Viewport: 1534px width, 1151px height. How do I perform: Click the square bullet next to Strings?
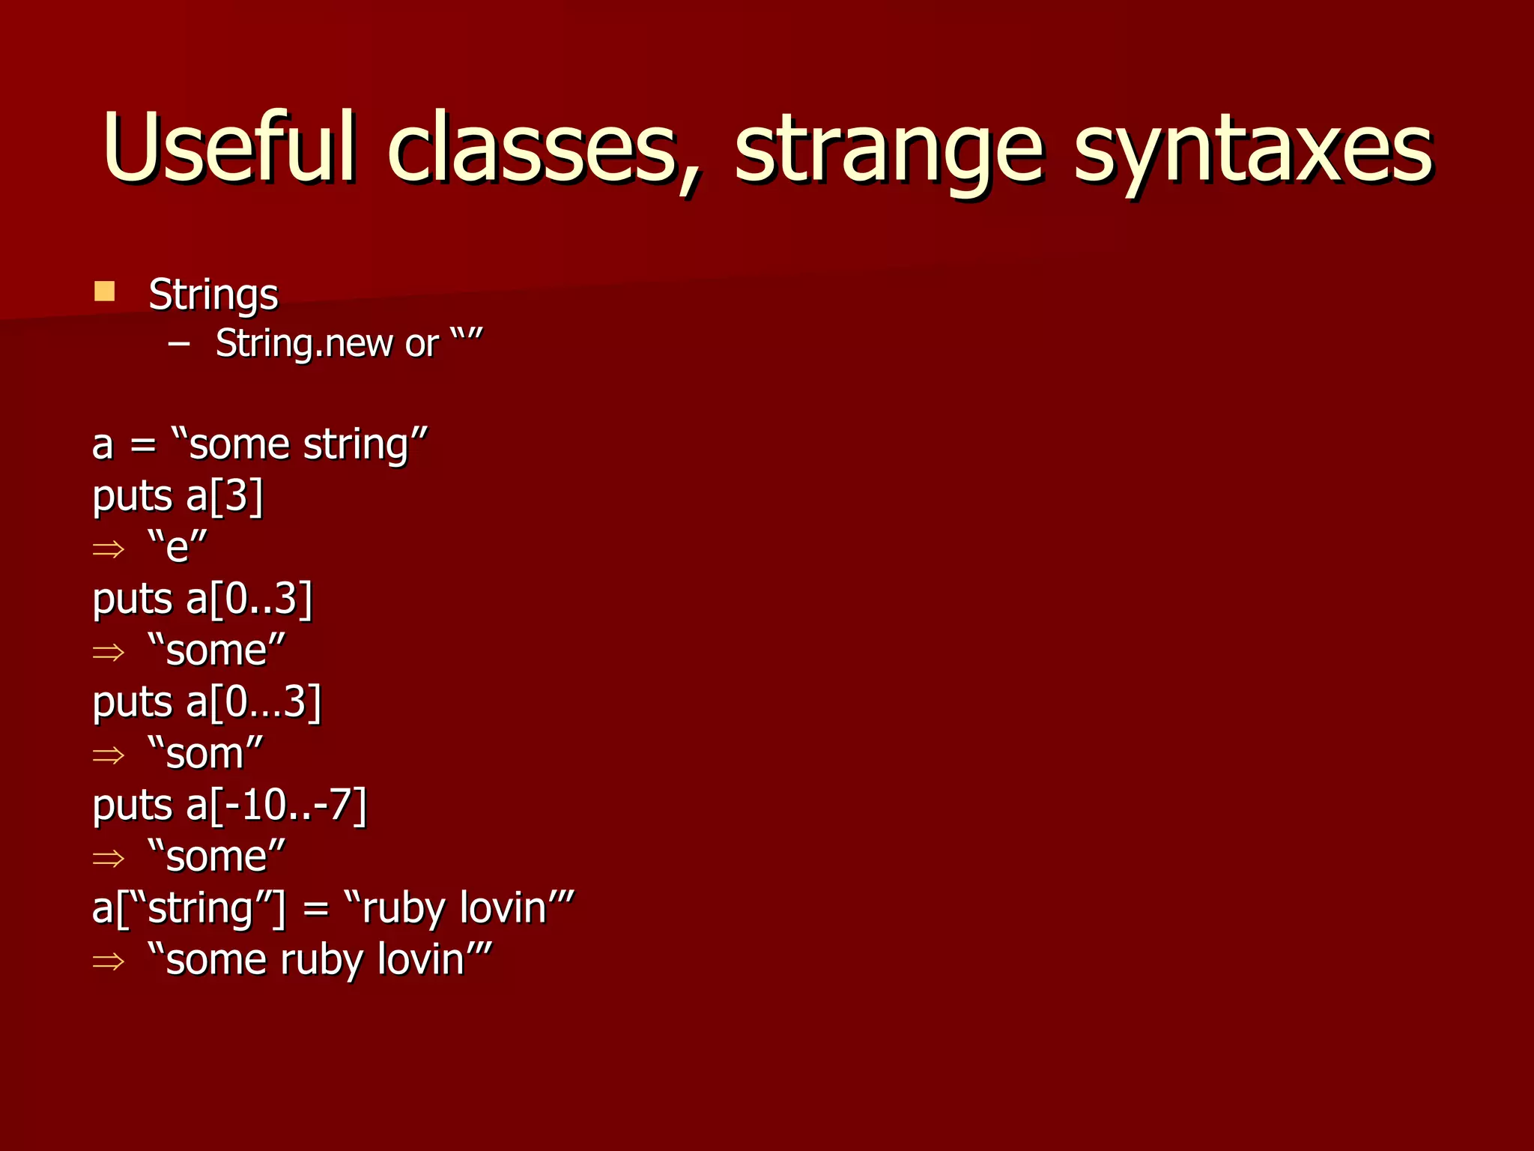pyautogui.click(x=105, y=291)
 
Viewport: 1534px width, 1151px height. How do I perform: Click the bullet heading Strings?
pyautogui.click(x=213, y=294)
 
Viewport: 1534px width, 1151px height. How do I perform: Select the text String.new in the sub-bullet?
pyautogui.click(x=304, y=344)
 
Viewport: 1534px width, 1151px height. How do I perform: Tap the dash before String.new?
pyautogui.click(x=179, y=344)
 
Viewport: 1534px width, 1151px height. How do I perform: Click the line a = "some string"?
pyautogui.click(x=259, y=444)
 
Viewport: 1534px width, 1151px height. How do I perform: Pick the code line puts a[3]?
pyautogui.click(x=178, y=496)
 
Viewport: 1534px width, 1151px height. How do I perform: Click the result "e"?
pyautogui.click(x=178, y=546)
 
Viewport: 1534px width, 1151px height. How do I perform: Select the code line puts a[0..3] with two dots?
pyautogui.click(x=202, y=599)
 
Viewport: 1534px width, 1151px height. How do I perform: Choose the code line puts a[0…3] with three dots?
pyautogui.click(x=207, y=703)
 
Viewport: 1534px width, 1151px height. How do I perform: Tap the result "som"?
pyautogui.click(x=206, y=753)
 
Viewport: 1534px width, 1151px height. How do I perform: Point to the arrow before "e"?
pyautogui.click(x=108, y=549)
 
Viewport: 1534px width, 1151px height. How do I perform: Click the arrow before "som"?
pyautogui.click(x=108, y=755)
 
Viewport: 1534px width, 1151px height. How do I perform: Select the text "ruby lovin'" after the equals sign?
pyautogui.click(x=458, y=908)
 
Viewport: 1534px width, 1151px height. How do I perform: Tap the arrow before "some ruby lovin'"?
pyautogui.click(x=108, y=961)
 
